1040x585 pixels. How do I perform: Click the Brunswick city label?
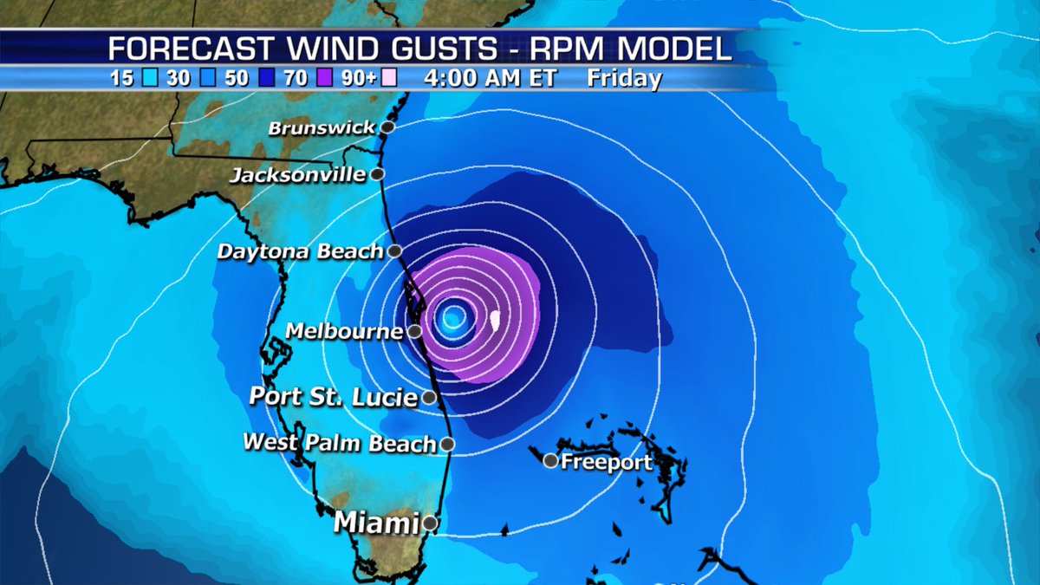tap(322, 127)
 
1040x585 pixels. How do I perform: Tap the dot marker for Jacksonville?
tap(378, 174)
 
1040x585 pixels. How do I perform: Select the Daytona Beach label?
tap(300, 252)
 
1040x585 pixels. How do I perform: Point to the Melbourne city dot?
tap(415, 331)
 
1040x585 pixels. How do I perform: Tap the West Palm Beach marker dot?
tap(447, 444)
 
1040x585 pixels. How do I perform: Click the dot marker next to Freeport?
tap(550, 461)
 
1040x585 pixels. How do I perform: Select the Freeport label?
tap(606, 462)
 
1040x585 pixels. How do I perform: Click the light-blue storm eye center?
tap(452, 318)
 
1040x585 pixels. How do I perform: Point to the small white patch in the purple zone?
tap(495, 322)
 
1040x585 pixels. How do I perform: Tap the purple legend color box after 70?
tap(326, 78)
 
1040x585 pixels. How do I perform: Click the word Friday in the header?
tap(624, 78)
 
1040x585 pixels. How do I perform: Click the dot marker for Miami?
tap(429, 523)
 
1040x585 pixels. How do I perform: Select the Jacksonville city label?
tap(298, 175)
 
